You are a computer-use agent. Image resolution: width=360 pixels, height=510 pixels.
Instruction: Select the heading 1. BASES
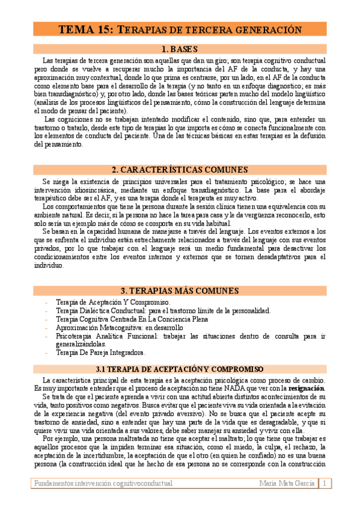[180, 49]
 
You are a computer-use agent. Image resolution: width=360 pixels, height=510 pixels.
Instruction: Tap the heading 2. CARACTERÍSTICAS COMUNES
[180, 170]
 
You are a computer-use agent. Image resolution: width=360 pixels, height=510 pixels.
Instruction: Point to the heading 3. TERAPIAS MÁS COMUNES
[180, 290]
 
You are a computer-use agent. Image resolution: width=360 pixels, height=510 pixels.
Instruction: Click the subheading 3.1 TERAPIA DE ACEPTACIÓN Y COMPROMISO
[180, 369]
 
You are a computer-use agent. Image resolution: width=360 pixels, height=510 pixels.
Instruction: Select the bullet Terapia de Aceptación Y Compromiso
[112, 302]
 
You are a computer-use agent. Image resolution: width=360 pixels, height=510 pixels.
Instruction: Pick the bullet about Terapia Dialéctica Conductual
[163, 311]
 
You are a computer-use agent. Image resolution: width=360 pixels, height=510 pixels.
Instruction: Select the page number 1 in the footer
[325, 483]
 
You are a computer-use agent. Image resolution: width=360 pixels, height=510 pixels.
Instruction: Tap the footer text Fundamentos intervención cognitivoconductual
[103, 483]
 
